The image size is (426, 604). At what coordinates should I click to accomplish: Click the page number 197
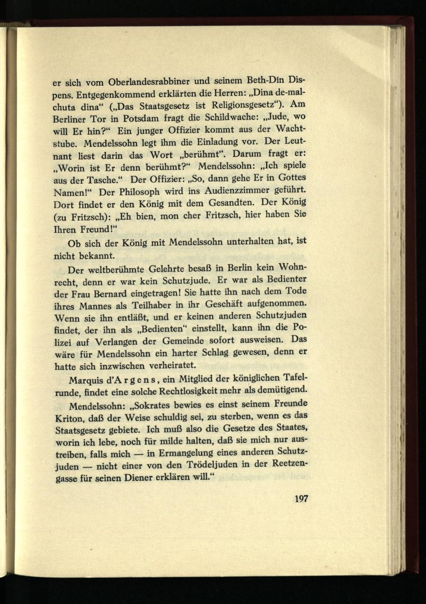(301, 499)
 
